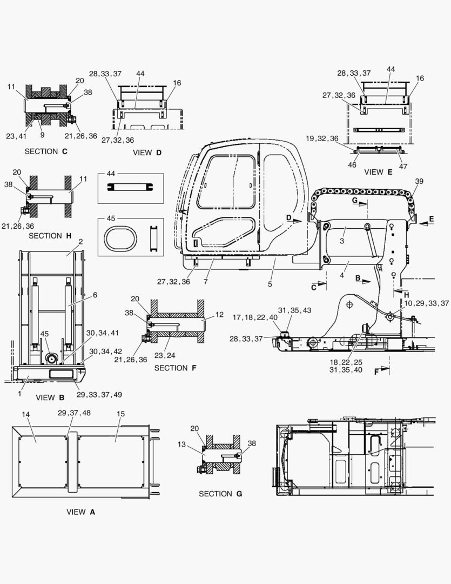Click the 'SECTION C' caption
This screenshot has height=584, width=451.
pos(46,151)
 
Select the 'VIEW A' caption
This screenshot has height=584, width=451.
pos(80,512)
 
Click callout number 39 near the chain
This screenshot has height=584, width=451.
pos(419,181)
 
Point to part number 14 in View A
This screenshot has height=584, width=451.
pos(25,414)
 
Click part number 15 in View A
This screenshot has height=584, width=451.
pos(120,414)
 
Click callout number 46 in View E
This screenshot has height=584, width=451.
pos(352,165)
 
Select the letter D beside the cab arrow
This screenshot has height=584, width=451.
pos(289,217)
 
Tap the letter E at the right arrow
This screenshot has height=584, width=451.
pos(432,218)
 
